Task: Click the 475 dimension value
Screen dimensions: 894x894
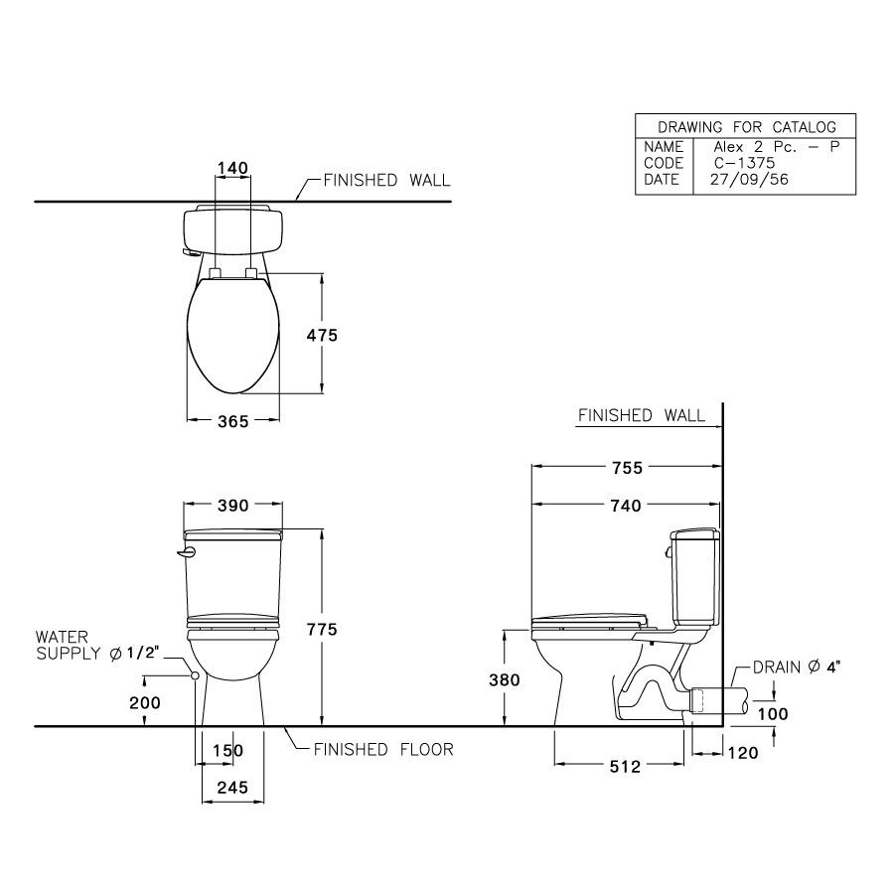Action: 323,336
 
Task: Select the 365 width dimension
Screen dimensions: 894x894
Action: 233,422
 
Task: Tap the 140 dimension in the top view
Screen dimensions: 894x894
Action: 232,169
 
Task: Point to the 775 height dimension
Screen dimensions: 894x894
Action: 323,629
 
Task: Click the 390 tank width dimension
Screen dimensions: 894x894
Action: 233,506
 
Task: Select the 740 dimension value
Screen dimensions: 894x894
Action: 627,506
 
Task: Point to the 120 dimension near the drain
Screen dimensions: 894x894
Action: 741,753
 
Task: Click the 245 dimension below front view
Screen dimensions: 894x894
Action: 233,787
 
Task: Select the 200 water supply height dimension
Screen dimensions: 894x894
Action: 146,701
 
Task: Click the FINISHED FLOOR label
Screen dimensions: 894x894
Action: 383,749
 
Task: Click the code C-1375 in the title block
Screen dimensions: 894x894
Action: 740,163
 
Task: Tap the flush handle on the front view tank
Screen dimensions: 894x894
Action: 186,552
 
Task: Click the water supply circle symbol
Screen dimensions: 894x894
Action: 195,675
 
